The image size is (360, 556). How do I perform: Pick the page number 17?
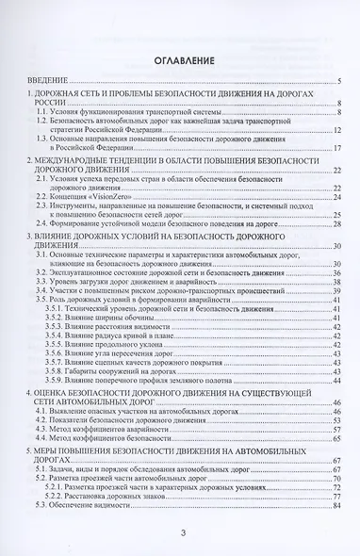[337, 148]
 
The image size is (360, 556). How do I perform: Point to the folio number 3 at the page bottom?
[183, 535]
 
